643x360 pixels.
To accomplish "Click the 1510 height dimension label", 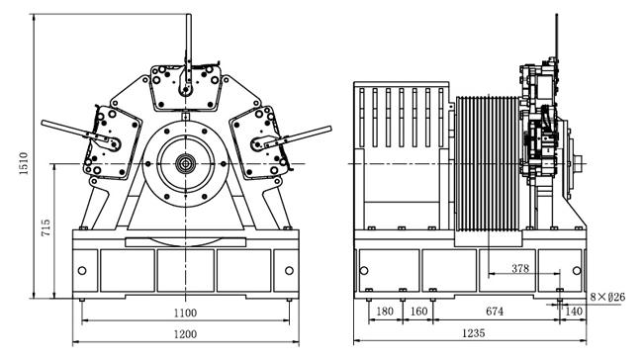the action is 24,163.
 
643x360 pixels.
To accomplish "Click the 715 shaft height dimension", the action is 46,228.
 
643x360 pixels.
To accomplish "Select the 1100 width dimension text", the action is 185,314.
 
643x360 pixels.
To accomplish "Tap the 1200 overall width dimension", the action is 185,334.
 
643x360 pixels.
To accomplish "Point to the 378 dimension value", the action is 520,269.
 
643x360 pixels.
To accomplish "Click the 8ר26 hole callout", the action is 607,297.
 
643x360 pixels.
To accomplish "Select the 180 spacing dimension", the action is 385,312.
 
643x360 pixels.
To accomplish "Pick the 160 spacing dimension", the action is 418,312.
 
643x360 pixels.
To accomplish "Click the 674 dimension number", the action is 495,312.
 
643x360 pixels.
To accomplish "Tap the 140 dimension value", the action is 574,312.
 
